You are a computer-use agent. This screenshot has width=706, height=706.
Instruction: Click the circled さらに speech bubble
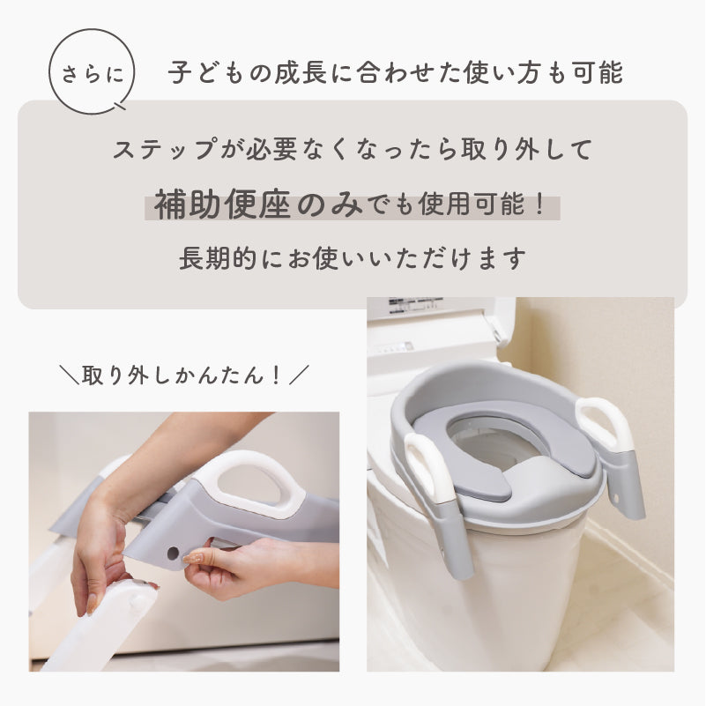(92, 72)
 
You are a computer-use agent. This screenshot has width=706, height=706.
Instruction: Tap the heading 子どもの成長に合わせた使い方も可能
(396, 73)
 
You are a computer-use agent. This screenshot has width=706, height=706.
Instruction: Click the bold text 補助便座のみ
(258, 205)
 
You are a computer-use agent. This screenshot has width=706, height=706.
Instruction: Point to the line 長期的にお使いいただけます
(353, 258)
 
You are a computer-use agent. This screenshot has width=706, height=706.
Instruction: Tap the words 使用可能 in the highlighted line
(471, 204)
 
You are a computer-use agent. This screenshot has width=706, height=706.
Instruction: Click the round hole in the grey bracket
(173, 553)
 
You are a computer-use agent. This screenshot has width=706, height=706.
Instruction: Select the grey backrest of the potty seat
(472, 387)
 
